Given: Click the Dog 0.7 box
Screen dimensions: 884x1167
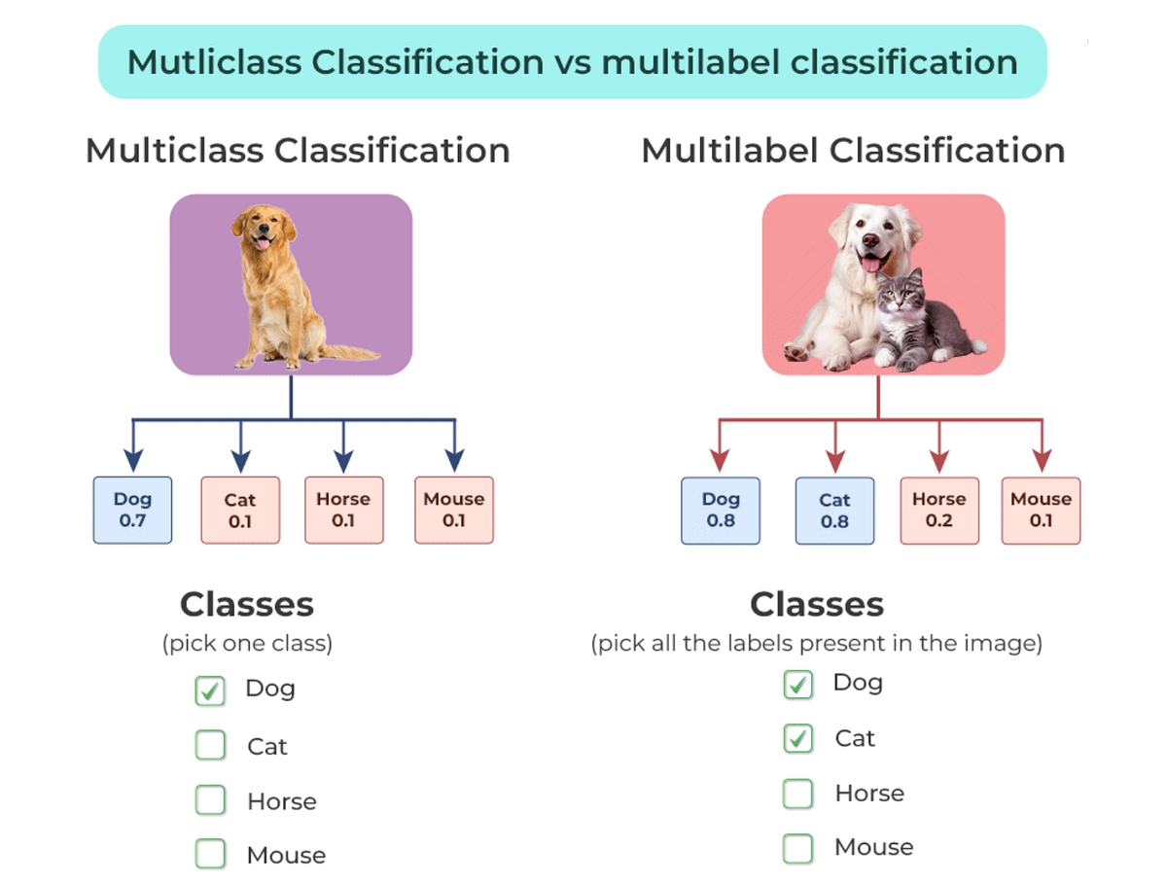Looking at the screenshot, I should tap(132, 510).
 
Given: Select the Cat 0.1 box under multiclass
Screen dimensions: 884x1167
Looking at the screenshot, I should tap(240, 511).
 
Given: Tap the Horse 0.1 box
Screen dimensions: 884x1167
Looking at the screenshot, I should tap(343, 510).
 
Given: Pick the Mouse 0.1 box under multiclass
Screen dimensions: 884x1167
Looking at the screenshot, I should tap(453, 510).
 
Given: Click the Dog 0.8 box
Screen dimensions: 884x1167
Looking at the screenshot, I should tap(721, 511).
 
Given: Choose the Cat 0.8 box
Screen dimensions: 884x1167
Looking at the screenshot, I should tap(834, 511).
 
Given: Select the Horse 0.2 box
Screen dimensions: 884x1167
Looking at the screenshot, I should tap(938, 511).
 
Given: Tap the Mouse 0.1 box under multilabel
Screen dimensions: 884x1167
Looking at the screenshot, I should tap(1041, 511).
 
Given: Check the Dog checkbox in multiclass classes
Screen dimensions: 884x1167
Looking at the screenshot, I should tap(210, 690).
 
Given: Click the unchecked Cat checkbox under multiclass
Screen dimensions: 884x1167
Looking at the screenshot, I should tap(210, 746).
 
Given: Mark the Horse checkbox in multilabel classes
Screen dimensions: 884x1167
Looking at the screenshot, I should tap(797, 794).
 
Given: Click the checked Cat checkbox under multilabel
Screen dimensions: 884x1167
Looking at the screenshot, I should tap(797, 739).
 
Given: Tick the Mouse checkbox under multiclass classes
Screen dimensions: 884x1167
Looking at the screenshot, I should tap(210, 855).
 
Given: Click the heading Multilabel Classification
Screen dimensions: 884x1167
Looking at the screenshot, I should tap(853, 151).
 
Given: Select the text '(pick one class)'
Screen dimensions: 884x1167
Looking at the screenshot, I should tap(247, 644).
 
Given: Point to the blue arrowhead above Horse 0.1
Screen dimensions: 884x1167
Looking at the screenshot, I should tap(342, 461).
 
